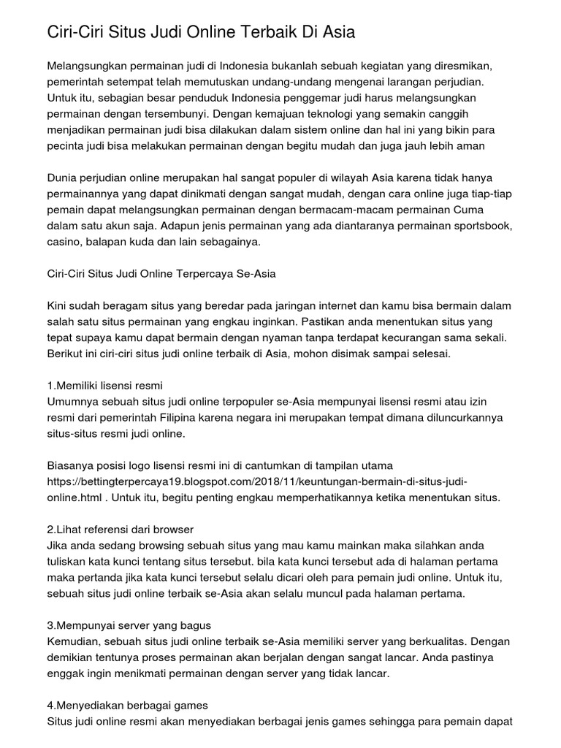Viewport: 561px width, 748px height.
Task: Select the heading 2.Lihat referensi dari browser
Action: point(119,529)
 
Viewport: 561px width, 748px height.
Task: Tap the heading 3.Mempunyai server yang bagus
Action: point(129,626)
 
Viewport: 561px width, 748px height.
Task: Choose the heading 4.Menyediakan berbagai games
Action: point(127,706)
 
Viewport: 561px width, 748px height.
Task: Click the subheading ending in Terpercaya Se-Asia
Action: point(161,274)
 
